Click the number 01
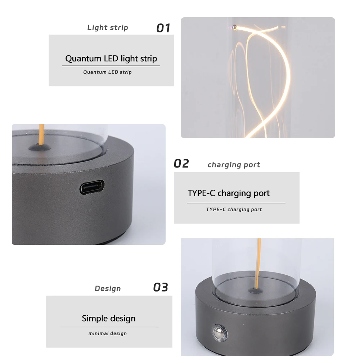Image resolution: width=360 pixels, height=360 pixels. (x=163, y=28)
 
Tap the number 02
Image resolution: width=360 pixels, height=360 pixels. (x=181, y=164)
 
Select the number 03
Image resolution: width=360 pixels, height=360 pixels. (x=161, y=288)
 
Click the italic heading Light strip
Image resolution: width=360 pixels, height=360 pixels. (x=108, y=28)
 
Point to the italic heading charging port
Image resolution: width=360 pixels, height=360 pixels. (x=234, y=165)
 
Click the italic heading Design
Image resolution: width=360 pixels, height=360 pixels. (x=108, y=289)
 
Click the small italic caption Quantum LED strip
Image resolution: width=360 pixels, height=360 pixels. (x=107, y=72)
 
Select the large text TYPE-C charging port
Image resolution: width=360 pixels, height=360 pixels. (x=228, y=193)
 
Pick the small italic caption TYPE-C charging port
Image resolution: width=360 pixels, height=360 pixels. (x=234, y=210)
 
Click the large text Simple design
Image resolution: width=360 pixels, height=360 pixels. (x=108, y=319)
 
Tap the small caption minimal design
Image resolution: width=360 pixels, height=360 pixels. (x=108, y=334)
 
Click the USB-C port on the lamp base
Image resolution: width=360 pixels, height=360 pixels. (x=92, y=188)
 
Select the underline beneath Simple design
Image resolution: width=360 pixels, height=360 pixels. (x=108, y=327)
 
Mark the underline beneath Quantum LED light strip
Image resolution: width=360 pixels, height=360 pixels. (x=111, y=66)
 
